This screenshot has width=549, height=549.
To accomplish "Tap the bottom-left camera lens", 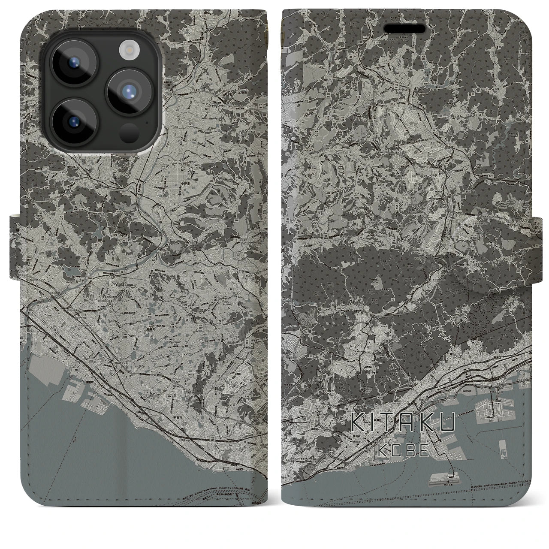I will (x=74, y=119).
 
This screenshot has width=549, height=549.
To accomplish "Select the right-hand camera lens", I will (x=129, y=90).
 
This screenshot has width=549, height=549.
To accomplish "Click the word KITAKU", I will (x=403, y=423).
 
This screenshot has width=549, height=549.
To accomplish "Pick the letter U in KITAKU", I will (x=446, y=423).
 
